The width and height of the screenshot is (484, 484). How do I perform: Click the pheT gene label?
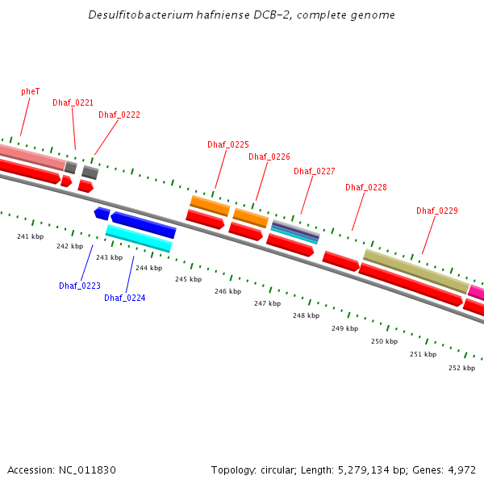[x=31, y=92]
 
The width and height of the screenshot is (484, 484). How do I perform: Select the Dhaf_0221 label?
[x=73, y=103]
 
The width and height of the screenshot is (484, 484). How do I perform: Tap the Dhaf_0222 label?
[x=119, y=115]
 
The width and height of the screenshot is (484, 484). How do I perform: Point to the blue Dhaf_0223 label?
[x=80, y=286]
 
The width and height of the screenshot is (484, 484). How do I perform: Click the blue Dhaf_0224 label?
[x=125, y=298]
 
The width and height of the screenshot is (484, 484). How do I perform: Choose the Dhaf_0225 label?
[x=228, y=145]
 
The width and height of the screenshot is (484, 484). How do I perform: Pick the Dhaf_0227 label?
[x=315, y=171]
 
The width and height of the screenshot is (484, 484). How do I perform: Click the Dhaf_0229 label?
[x=437, y=211]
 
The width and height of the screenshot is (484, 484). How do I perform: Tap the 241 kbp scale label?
[x=30, y=236]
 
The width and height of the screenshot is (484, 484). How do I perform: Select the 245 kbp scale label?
[x=188, y=279]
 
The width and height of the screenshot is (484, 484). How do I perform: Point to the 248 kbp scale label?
[x=307, y=315]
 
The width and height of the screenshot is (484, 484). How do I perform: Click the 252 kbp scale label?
[x=461, y=368]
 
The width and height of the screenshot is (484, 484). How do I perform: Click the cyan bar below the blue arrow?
[x=139, y=237]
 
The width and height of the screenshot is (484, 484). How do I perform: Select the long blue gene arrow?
[x=144, y=225]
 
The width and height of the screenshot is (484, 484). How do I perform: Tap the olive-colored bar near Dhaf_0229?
[x=415, y=270]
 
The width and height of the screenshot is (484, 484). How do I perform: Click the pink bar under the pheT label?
[x=31, y=157]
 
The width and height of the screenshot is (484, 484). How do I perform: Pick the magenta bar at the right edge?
[x=476, y=292]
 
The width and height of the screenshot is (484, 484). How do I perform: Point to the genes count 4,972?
[x=462, y=469]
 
